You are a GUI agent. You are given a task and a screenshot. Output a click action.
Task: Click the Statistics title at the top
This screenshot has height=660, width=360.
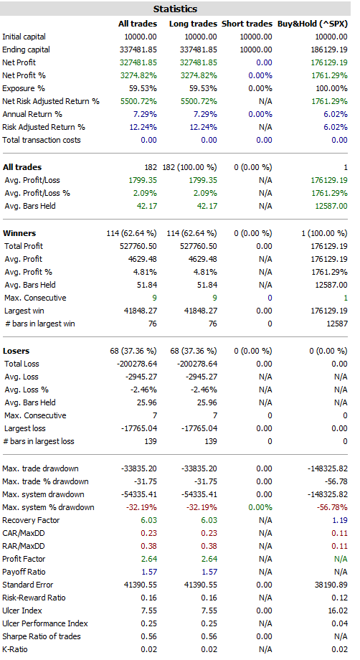point(175,9)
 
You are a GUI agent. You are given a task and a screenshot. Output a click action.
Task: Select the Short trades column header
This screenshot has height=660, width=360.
point(247,24)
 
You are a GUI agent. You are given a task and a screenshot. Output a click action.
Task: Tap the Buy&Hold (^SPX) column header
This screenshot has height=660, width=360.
point(313,24)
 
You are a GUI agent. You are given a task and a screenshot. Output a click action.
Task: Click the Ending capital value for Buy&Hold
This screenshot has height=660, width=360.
point(329,49)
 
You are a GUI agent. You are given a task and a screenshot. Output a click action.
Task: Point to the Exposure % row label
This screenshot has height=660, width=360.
point(24,88)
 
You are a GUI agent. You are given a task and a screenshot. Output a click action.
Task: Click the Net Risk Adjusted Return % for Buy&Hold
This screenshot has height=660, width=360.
point(329,101)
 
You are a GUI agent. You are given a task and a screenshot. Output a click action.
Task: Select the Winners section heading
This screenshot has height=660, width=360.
point(19,233)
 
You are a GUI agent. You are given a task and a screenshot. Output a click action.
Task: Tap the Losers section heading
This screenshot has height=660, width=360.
point(16,351)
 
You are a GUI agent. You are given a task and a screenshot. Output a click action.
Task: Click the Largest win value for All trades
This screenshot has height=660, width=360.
point(138,311)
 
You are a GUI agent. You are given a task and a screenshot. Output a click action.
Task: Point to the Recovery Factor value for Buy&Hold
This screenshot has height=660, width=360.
point(340,520)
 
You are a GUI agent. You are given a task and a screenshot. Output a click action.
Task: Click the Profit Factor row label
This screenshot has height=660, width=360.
point(24,559)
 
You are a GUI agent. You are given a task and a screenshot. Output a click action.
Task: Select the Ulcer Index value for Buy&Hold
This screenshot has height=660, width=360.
point(338,610)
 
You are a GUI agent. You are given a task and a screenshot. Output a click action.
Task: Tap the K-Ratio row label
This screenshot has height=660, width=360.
point(15,649)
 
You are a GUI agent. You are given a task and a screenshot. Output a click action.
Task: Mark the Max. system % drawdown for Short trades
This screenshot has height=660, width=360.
point(260,507)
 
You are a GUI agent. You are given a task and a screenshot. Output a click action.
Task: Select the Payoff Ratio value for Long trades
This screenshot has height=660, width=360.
point(209,572)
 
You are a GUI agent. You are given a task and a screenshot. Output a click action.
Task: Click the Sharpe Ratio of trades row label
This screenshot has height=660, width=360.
point(41,636)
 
